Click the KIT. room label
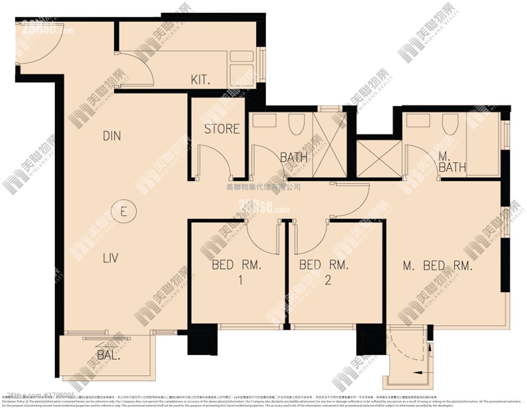click(x=201, y=80)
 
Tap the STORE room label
click(x=222, y=129)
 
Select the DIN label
click(x=112, y=136)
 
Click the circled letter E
click(x=123, y=212)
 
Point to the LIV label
click(x=110, y=258)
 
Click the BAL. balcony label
click(x=108, y=355)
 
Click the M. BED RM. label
click(x=437, y=266)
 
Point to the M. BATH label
click(x=452, y=162)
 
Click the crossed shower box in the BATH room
click(x=329, y=145)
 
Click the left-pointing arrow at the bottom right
click(x=419, y=372)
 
